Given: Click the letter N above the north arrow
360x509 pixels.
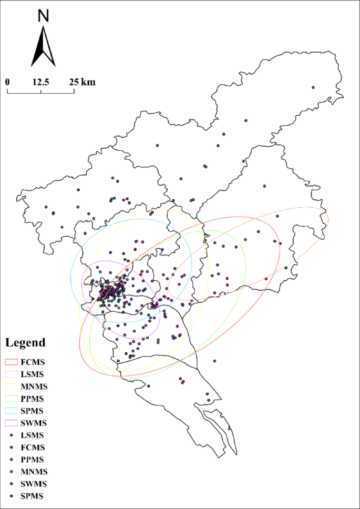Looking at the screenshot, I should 43,16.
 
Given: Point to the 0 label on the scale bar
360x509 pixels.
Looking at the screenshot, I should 7,82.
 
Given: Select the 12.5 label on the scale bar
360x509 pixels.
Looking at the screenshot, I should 41,82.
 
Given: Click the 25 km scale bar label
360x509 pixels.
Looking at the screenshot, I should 81,82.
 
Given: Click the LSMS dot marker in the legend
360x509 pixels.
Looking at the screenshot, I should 12,435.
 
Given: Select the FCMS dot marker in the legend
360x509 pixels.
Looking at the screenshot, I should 12,447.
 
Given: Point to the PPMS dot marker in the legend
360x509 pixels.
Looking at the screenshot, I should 12,460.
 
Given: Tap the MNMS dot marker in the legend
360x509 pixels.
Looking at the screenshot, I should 12,472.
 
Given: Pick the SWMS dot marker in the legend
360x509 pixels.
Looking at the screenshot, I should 12,484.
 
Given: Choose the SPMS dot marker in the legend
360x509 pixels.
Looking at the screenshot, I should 12,496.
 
